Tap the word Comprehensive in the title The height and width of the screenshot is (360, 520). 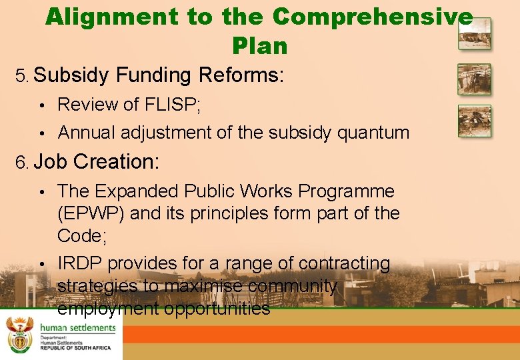click(x=373, y=17)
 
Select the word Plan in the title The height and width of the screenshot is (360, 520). click(x=260, y=45)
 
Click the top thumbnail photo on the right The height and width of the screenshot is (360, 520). click(x=474, y=33)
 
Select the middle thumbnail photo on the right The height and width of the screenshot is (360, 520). click(x=474, y=79)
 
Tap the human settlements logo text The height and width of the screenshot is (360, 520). click(x=77, y=328)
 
